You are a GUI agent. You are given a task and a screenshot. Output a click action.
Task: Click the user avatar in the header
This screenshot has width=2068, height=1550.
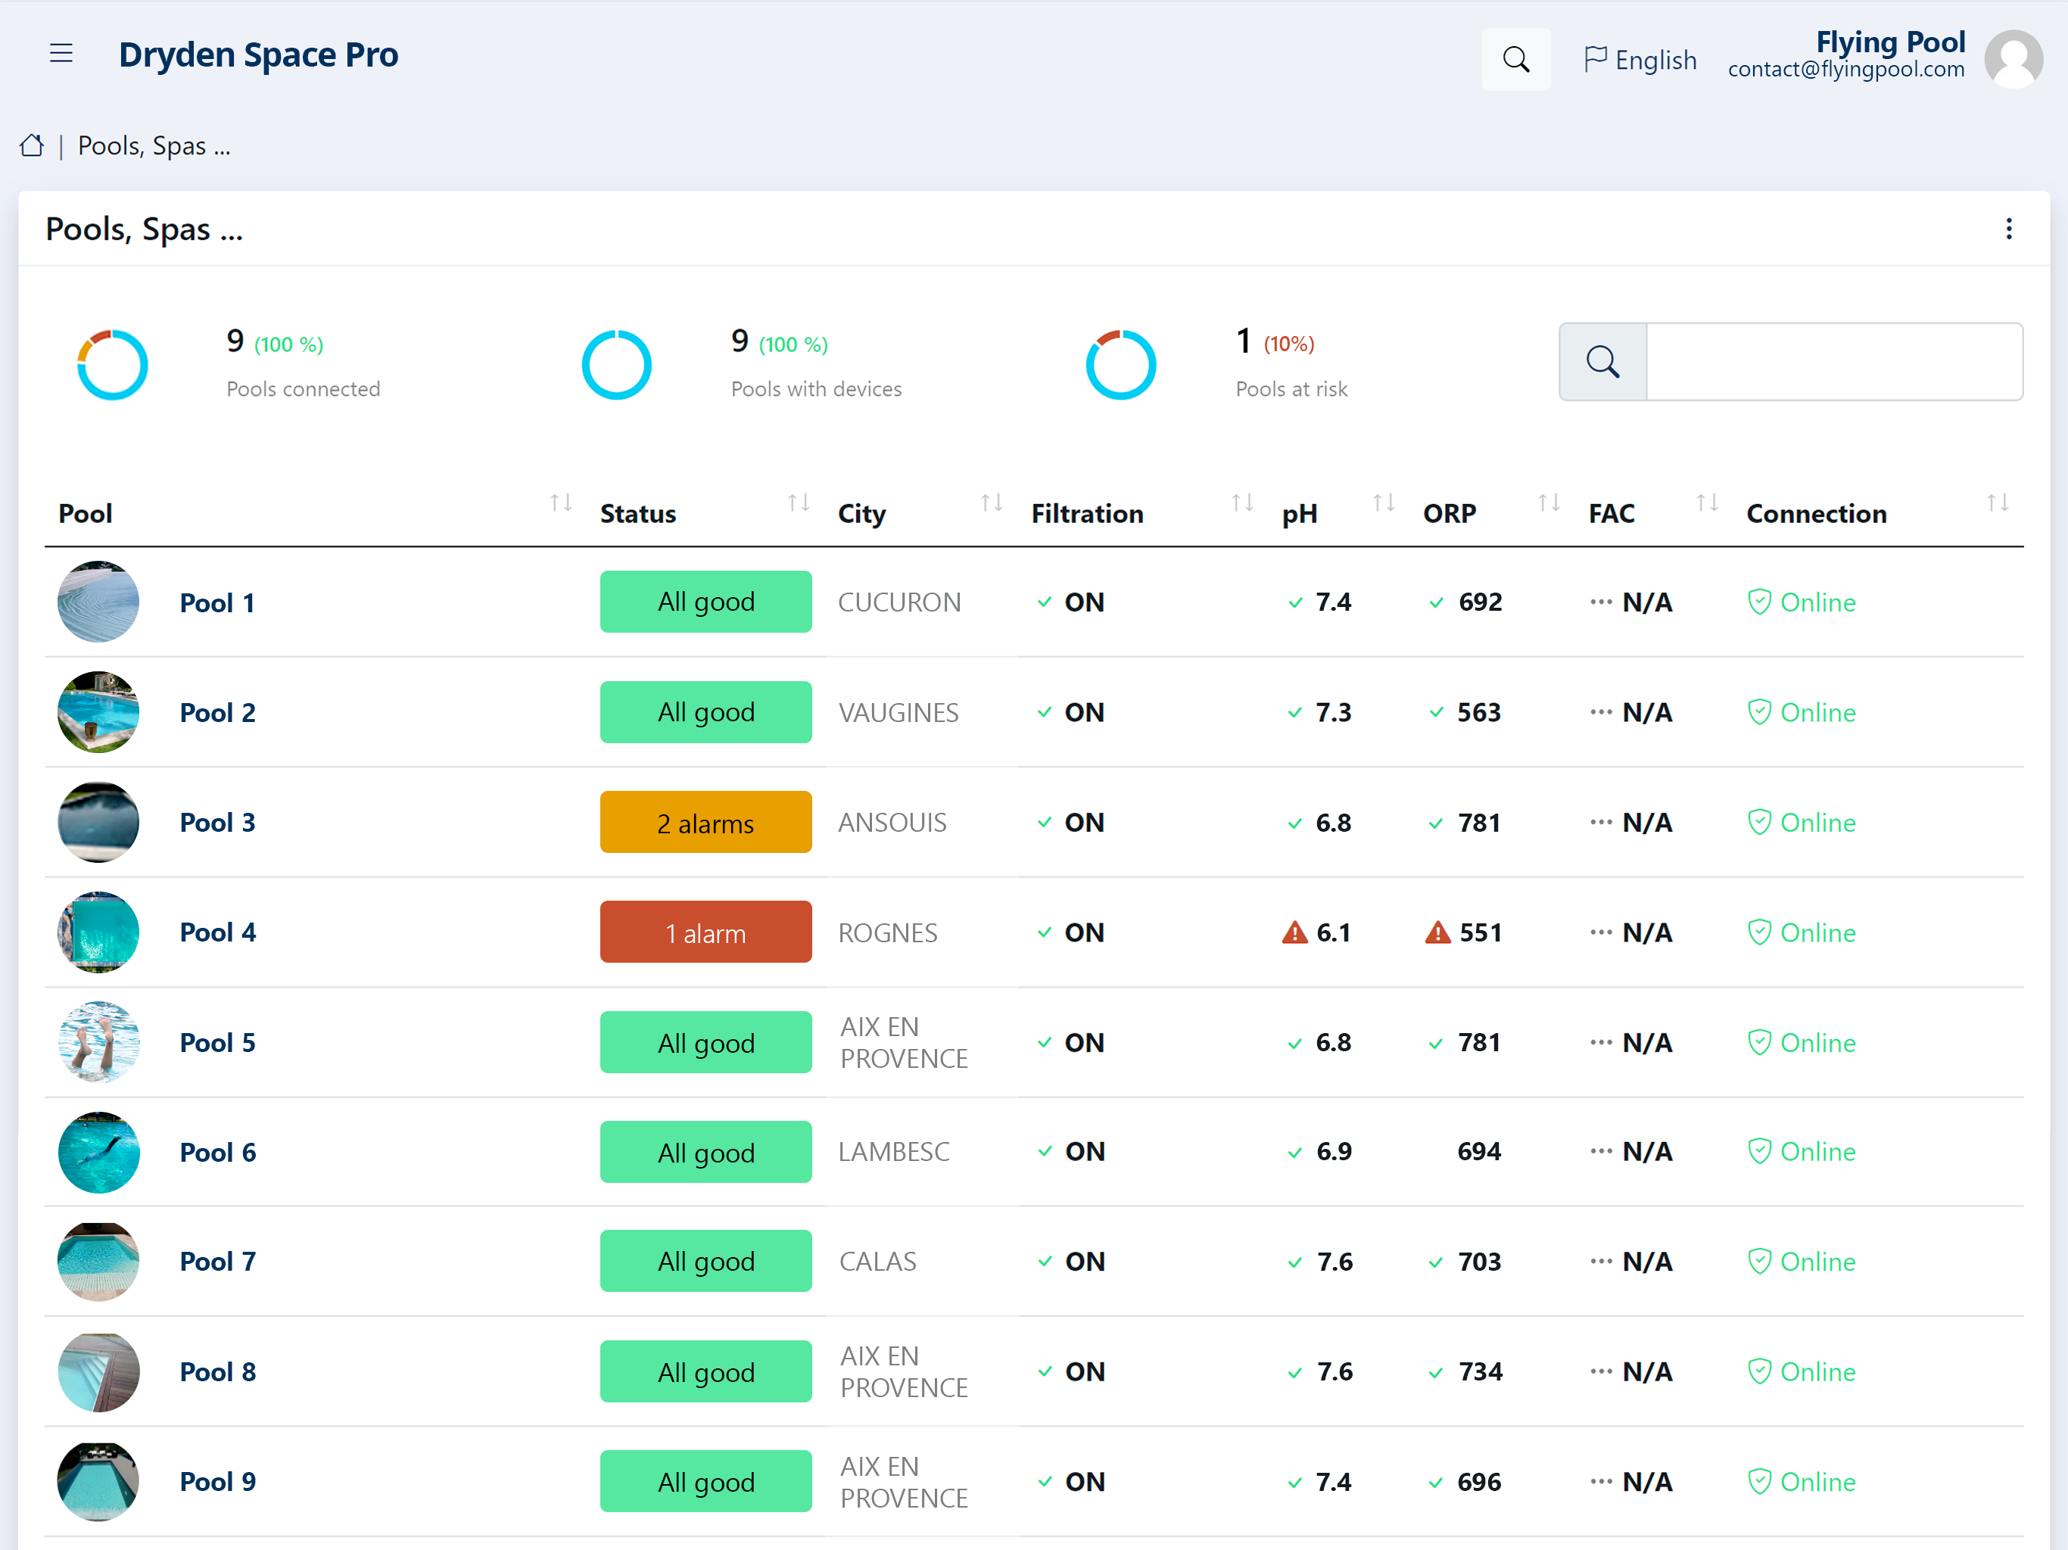(x=2013, y=58)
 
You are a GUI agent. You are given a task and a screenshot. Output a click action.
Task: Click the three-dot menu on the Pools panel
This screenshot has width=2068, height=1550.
(x=2008, y=229)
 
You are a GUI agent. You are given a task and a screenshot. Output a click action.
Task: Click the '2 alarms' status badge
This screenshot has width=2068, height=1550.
(x=705, y=822)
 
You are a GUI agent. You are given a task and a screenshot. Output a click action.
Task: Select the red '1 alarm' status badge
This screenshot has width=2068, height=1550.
(x=705, y=932)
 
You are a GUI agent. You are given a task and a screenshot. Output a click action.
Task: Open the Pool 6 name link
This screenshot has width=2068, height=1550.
(x=218, y=1152)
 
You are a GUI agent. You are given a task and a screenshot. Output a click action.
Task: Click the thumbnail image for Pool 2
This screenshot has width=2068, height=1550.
(x=98, y=712)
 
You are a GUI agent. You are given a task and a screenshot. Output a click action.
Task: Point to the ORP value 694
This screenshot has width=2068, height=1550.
(x=1479, y=1152)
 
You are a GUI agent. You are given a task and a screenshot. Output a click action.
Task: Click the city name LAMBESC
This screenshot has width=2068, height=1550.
(x=894, y=1152)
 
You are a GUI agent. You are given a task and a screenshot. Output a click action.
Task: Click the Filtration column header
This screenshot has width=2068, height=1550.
(x=1087, y=513)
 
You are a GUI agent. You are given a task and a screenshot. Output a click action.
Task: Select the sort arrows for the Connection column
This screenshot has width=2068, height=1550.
(x=1998, y=503)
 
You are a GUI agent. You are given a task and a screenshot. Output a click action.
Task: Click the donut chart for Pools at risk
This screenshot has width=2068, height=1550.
(x=1121, y=365)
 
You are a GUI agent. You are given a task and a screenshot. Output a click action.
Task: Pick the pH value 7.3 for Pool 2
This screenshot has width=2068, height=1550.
(x=1333, y=712)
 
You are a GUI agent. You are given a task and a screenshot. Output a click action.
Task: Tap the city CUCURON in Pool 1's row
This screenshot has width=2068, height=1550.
(x=899, y=602)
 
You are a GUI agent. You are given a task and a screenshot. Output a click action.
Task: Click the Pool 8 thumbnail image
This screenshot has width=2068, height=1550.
(x=98, y=1371)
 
